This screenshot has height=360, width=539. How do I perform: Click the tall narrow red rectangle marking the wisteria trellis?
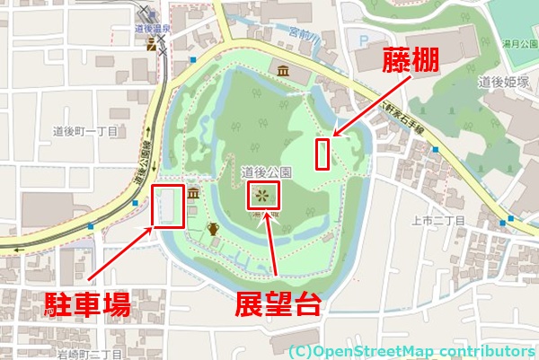[x=323, y=154]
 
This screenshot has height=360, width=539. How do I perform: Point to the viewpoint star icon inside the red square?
[x=261, y=194]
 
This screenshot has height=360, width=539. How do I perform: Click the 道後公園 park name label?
[x=267, y=171]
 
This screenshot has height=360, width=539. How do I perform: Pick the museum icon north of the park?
[x=284, y=71]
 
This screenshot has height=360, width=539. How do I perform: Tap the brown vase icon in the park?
[x=214, y=229]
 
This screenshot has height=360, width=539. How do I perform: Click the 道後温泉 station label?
[x=153, y=29]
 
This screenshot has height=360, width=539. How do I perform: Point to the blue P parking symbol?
[x=363, y=40]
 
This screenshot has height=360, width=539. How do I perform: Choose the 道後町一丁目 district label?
[x=79, y=130]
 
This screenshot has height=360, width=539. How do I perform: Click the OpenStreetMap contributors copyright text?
[x=411, y=350]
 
